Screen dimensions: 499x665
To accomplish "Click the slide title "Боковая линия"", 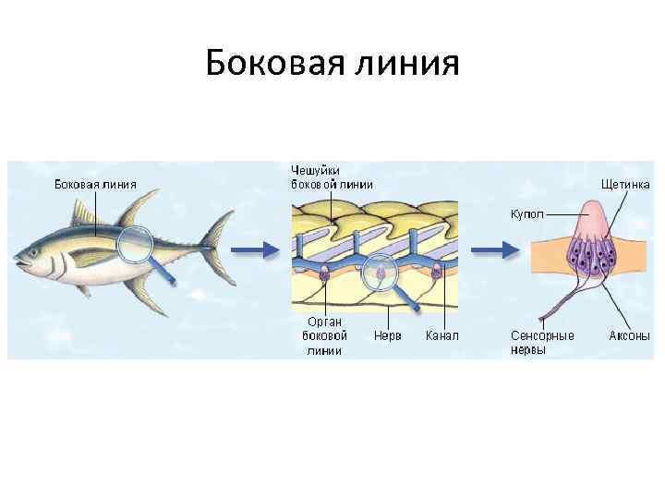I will (332, 64).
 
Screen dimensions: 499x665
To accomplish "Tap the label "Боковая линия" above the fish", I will (96, 184).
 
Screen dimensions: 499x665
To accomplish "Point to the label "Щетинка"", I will (625, 184).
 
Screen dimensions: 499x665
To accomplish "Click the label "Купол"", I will (527, 213).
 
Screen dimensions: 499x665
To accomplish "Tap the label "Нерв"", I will (387, 335).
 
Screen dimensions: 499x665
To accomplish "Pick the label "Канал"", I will (441, 335).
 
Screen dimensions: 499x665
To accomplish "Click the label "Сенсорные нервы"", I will (542, 342).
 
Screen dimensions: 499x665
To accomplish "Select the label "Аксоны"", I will (629, 335).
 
